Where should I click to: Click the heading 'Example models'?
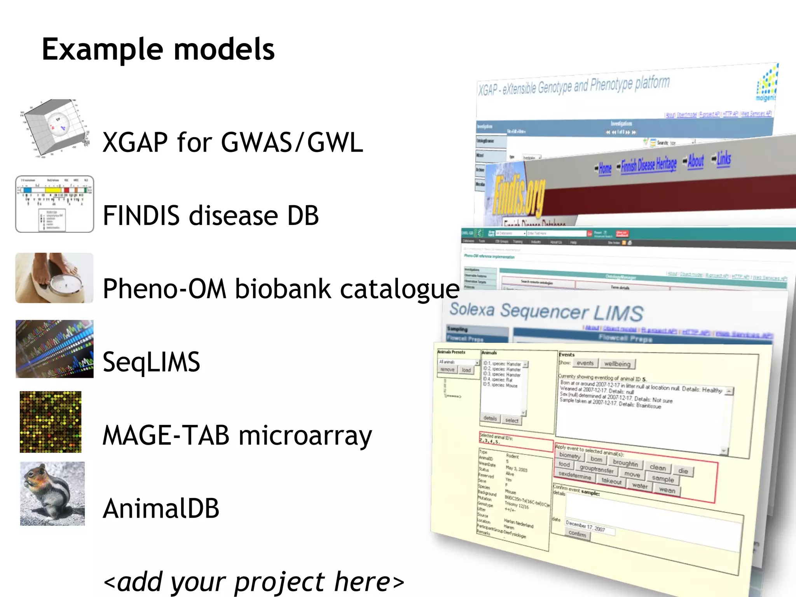pos(158,50)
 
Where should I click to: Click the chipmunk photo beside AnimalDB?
pos(52,494)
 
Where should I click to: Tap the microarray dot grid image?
pos(51,422)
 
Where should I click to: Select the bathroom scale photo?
pos(54,278)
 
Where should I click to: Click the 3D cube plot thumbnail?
pos(54,128)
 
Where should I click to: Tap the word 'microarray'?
pos(305,435)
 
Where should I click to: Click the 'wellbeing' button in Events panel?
pos(617,364)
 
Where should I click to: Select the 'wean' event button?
pos(667,490)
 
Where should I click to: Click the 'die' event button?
pos(683,471)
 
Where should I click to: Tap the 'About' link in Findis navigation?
pos(695,161)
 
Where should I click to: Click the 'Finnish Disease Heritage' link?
pos(648,165)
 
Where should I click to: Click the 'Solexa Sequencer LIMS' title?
pos(546,312)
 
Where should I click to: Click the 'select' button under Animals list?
pos(511,420)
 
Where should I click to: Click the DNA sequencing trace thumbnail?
pos(54,349)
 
